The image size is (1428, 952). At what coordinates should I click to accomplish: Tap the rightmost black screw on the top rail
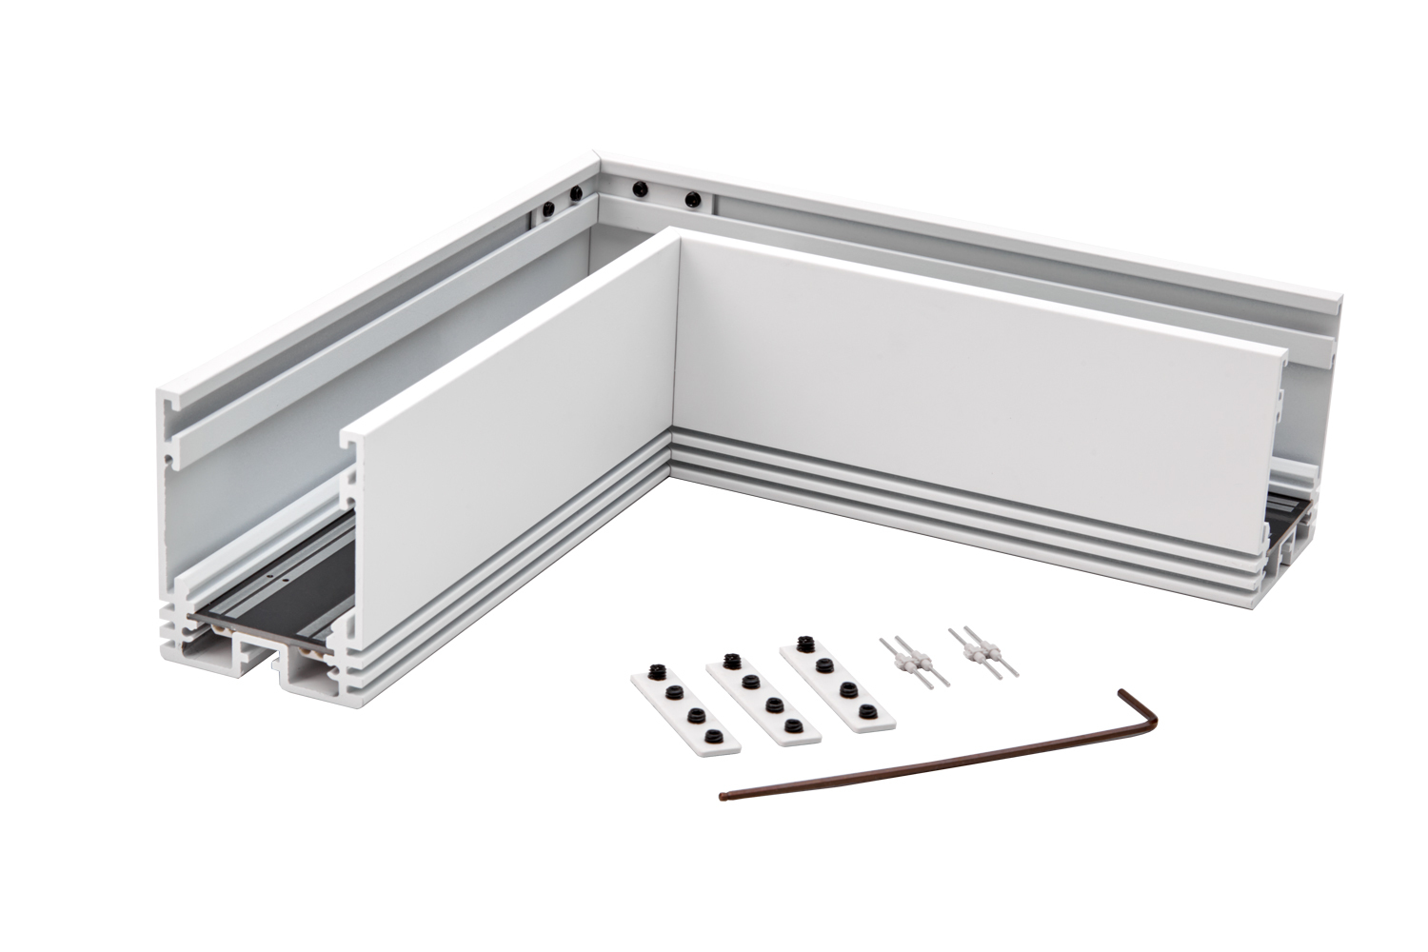click(693, 200)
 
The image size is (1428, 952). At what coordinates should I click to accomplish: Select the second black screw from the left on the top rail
click(575, 193)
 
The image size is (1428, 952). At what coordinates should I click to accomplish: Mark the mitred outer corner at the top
click(594, 157)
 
